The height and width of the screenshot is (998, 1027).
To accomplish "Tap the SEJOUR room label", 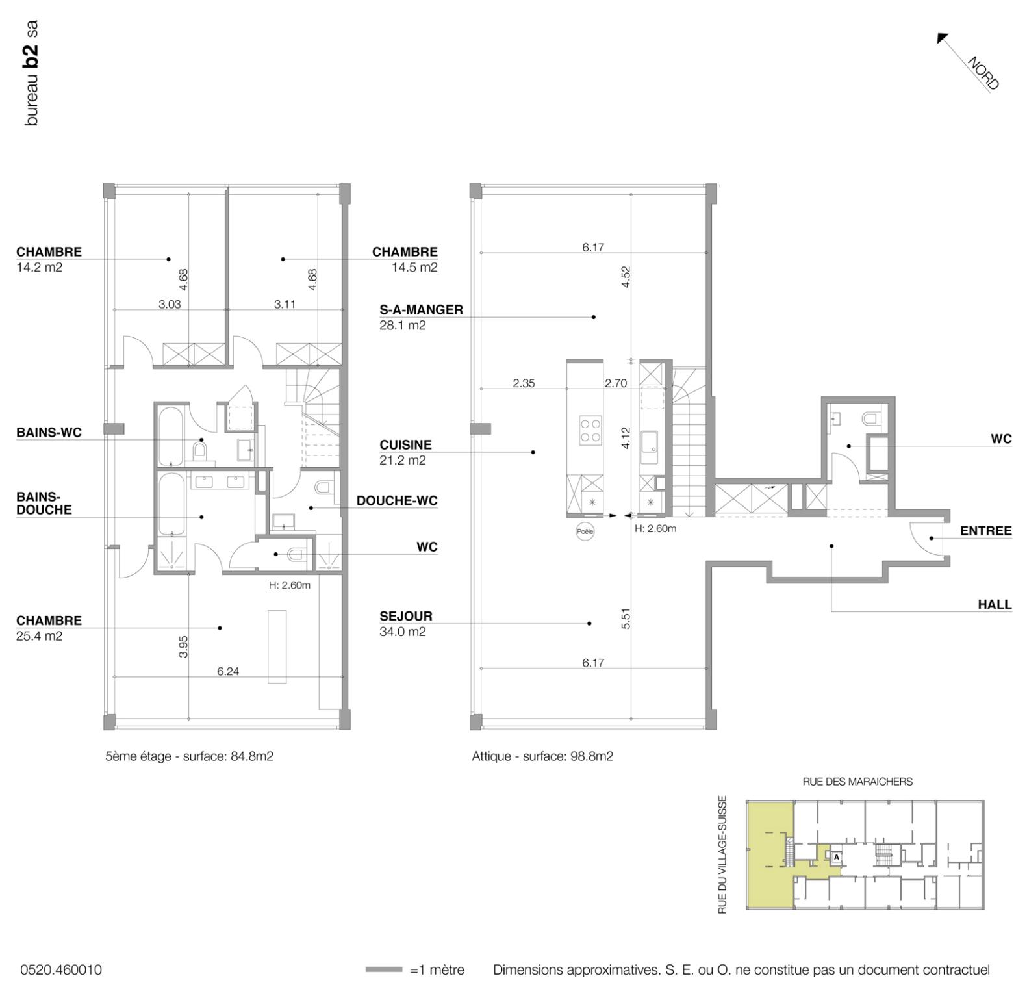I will (405, 616).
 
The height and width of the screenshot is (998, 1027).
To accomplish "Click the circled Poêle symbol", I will (585, 531).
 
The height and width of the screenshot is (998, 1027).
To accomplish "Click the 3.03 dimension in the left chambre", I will (170, 304).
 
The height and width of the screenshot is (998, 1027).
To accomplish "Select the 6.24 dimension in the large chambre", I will (228, 671).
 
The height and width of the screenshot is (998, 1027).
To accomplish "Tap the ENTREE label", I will (985, 531).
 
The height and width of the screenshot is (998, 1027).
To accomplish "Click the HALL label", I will (995, 604).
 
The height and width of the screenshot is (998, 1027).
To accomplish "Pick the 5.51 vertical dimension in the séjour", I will (626, 619).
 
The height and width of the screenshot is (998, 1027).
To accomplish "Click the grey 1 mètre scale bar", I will (384, 970).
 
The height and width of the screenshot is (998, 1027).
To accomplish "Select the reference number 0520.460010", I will (61, 970).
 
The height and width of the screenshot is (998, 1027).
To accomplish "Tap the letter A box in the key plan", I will (837, 857).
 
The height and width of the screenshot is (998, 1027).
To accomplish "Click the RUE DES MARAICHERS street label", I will (857, 782).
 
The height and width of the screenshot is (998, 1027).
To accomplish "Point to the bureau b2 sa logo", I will (31, 73).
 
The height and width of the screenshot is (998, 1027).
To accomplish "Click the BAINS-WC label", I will (49, 433).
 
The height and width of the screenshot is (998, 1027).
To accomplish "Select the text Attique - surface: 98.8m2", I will (542, 756).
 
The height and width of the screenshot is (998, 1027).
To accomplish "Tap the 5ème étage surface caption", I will (189, 756).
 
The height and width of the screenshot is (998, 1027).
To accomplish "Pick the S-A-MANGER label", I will (421, 310).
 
